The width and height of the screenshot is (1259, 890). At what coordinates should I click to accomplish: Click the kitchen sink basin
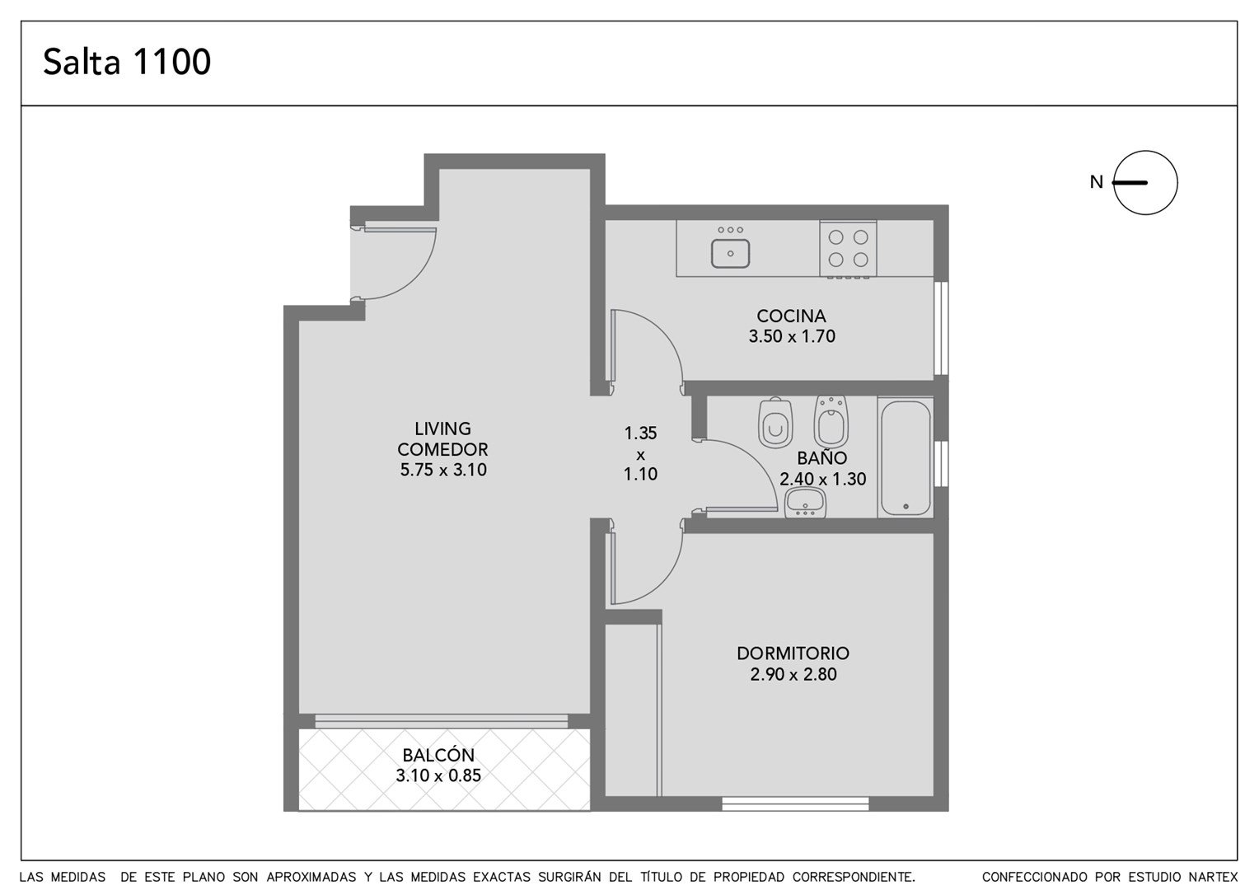(x=730, y=253)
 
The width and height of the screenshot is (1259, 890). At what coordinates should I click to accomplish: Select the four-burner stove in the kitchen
(x=848, y=249)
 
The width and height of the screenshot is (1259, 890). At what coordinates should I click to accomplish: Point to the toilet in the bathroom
(x=775, y=423)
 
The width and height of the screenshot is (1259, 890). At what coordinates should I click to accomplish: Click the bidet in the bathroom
(x=831, y=422)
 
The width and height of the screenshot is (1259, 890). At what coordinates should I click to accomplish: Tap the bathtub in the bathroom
(x=906, y=457)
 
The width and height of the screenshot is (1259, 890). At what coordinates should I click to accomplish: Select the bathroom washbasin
(x=806, y=502)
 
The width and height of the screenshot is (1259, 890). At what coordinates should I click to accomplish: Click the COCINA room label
(x=791, y=316)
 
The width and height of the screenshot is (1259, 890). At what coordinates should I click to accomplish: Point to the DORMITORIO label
(x=793, y=653)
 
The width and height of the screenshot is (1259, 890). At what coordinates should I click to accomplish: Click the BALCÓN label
(x=438, y=755)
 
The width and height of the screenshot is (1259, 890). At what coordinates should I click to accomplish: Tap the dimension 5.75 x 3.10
(x=443, y=470)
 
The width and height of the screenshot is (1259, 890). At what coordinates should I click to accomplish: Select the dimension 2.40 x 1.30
(x=822, y=479)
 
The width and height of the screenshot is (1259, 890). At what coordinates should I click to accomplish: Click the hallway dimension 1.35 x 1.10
(x=640, y=453)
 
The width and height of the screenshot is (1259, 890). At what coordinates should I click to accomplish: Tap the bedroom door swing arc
(x=664, y=583)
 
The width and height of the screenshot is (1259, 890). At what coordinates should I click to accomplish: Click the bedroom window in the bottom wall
(x=795, y=804)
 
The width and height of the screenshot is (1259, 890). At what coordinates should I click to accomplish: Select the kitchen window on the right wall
(x=942, y=328)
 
